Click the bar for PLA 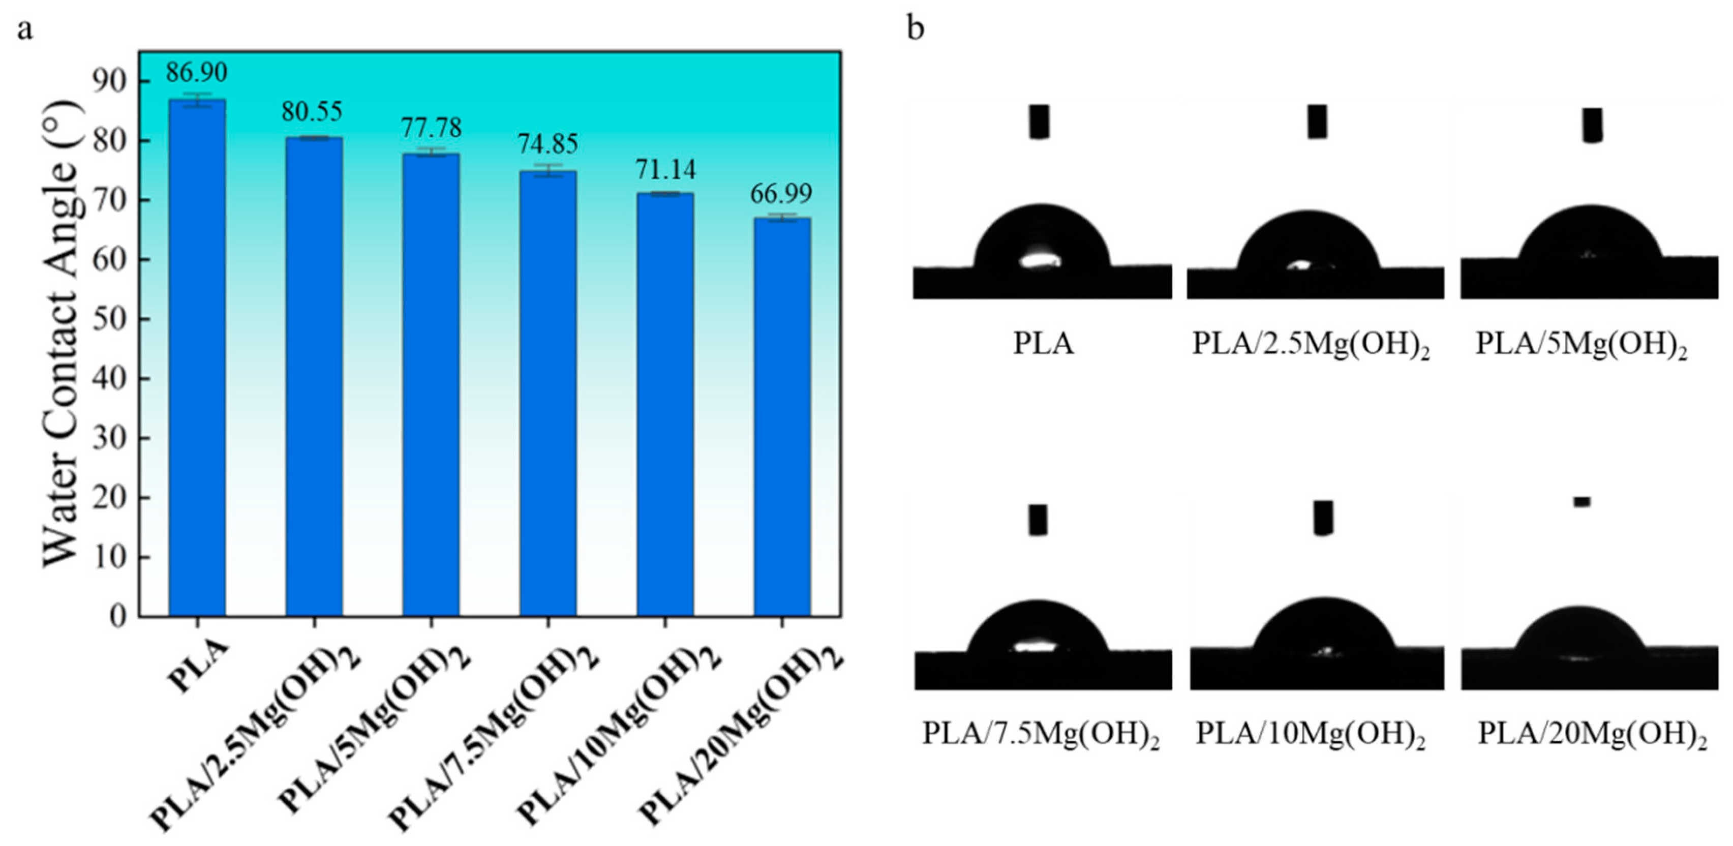tap(197, 357)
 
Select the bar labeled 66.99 tap(782, 417)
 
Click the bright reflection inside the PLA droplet tap(1040, 260)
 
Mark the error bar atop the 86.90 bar tap(197, 100)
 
